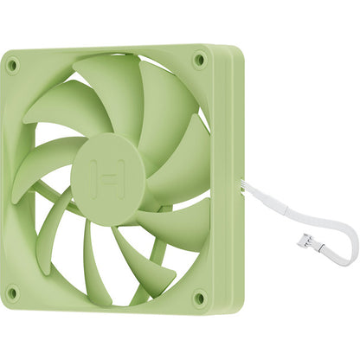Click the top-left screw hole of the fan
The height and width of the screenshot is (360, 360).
(x=12, y=64)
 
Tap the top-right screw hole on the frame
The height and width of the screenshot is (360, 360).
(x=199, y=61)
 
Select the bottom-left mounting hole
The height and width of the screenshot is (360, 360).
(x=11, y=292)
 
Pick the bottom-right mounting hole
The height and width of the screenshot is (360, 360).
(x=200, y=298)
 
